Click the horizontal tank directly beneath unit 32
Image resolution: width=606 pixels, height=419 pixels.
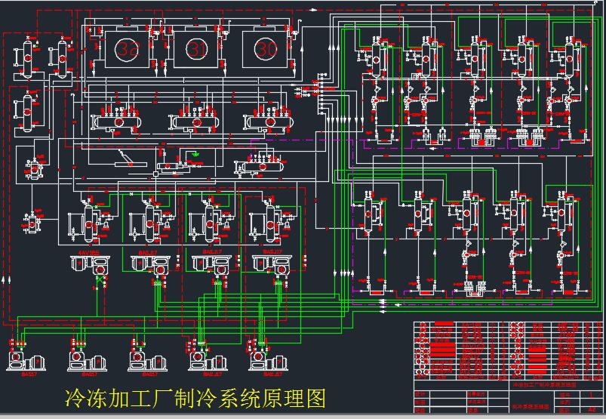(118, 122)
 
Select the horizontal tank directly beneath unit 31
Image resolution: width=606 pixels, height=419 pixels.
(197, 122)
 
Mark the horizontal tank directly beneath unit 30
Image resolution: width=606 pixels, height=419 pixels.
(269, 122)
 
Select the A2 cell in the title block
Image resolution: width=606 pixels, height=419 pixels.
(580, 409)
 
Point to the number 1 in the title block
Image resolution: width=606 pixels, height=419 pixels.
(580, 395)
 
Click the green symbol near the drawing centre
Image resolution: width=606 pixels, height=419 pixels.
(196, 154)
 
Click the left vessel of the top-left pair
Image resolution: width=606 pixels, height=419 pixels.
(27, 57)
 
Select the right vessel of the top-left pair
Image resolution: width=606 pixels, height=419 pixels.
(60, 57)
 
